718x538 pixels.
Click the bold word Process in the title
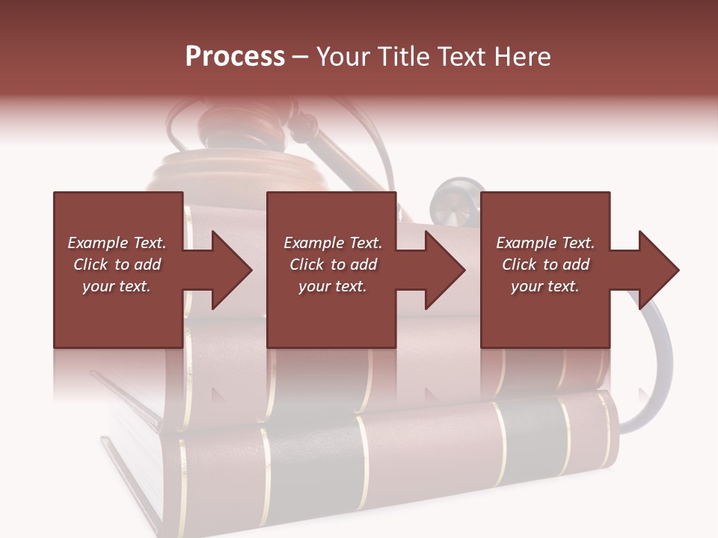235,56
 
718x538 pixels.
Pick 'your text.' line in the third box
544,286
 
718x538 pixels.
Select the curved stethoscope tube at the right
658,374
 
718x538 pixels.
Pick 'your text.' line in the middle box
332,286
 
